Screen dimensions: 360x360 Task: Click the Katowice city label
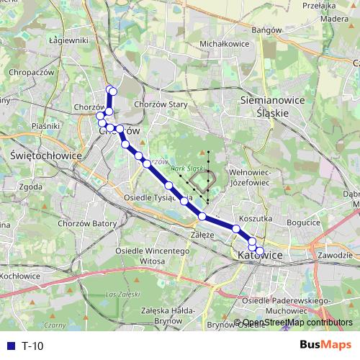[256, 256]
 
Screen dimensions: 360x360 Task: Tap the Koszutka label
[254, 217]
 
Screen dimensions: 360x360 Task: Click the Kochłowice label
[19, 276]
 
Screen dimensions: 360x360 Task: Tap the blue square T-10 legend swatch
[8, 346]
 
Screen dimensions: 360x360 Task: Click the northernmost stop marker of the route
[112, 90]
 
